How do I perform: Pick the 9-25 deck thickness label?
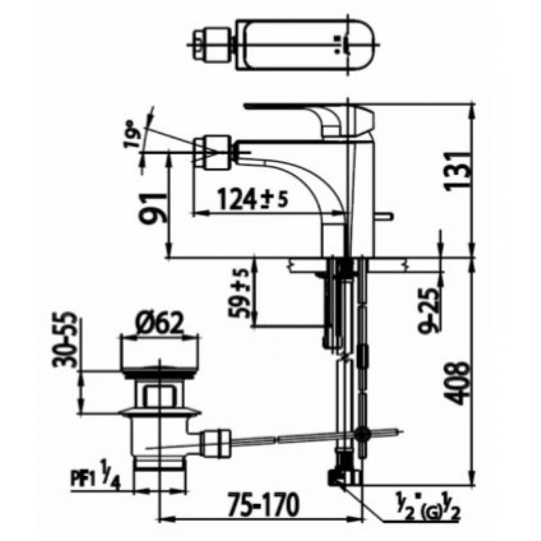(428, 310)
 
